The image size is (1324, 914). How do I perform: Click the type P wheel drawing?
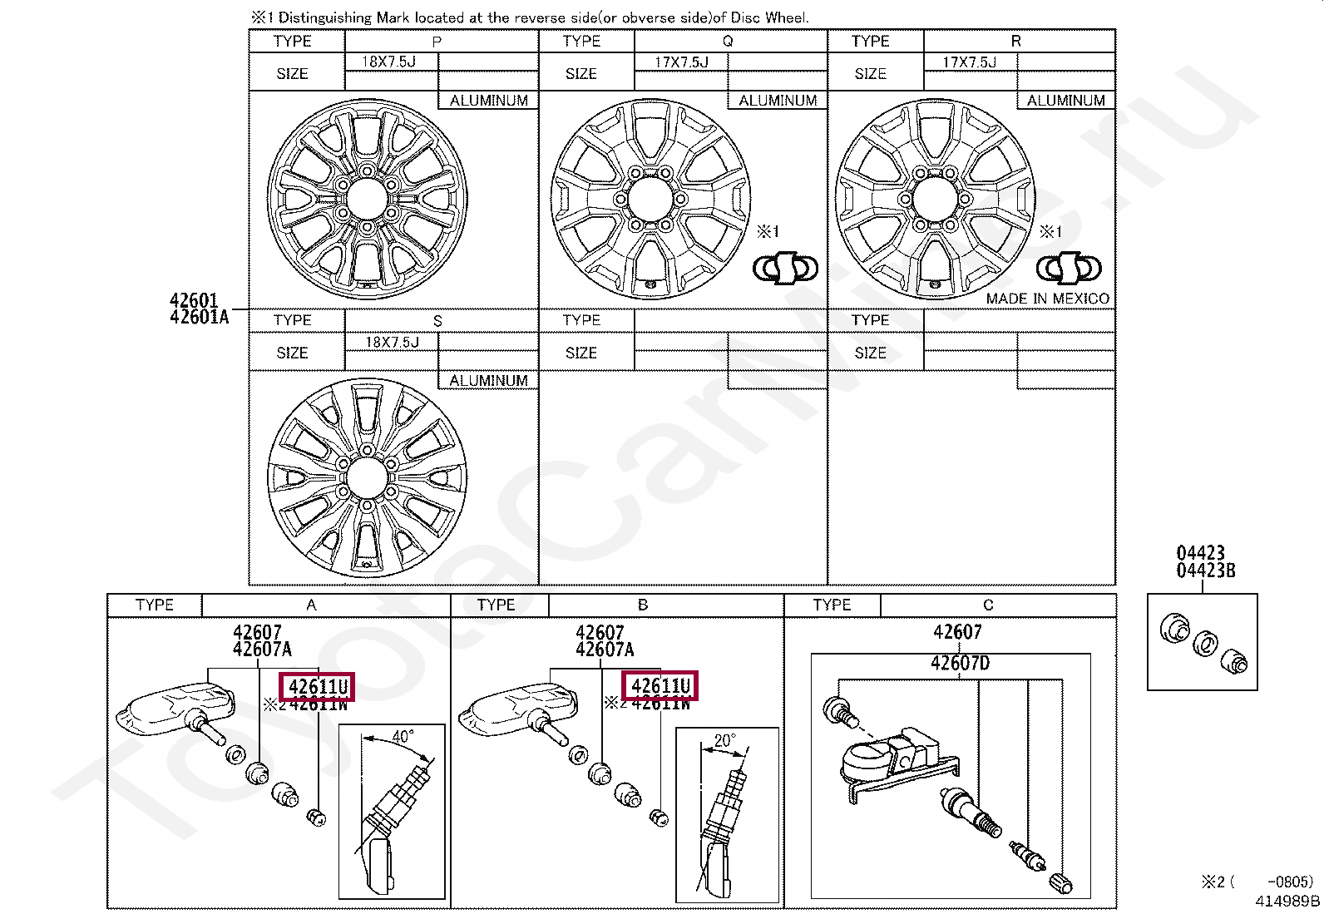(x=367, y=199)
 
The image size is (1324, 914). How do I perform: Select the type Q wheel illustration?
(x=650, y=200)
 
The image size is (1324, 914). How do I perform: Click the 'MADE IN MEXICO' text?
(x=1047, y=299)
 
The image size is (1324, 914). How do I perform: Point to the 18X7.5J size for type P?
(x=388, y=62)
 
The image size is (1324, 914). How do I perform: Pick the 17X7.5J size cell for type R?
(x=969, y=62)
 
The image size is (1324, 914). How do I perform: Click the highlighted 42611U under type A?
(x=318, y=687)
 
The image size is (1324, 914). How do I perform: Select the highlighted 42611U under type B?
(x=660, y=686)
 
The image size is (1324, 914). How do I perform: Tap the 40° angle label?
(x=403, y=737)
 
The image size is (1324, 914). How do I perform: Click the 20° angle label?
(x=724, y=740)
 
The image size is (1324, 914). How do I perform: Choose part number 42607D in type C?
(x=960, y=664)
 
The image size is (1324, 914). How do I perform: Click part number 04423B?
(x=1205, y=571)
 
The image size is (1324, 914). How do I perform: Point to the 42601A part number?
(x=199, y=317)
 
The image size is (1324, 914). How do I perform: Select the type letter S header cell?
(x=437, y=321)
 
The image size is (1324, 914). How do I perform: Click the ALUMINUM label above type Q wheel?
(x=778, y=101)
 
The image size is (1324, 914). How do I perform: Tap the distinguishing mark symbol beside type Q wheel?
(x=785, y=268)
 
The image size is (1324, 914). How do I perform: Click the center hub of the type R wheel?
(x=934, y=200)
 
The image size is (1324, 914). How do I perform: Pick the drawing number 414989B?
(x=1287, y=901)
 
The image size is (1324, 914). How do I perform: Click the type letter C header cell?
(x=988, y=605)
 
